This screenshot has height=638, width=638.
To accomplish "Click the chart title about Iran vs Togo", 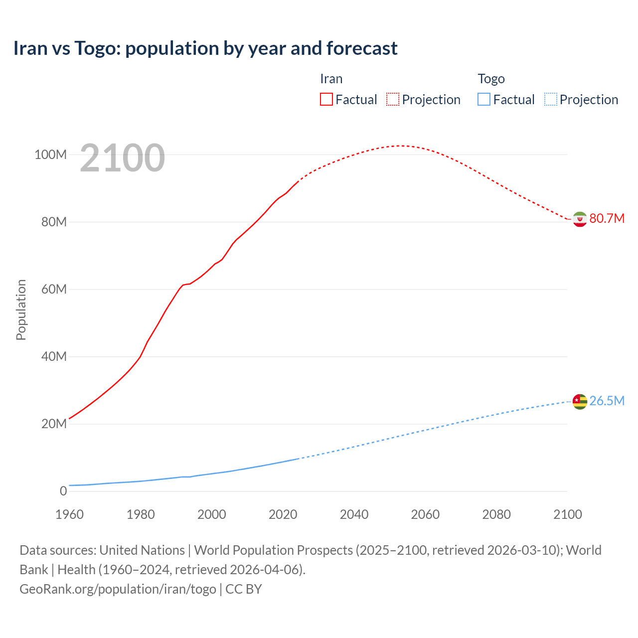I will pyautogui.click(x=205, y=48).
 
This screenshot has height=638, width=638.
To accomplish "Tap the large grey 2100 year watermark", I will pyautogui.click(x=122, y=158).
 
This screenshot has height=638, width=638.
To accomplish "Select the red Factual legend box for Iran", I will pyautogui.click(x=326, y=99).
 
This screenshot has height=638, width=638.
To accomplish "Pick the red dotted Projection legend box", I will pyautogui.click(x=393, y=99).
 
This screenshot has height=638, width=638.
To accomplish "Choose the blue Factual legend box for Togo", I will pyautogui.click(x=484, y=99).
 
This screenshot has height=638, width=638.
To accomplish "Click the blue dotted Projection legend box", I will pyautogui.click(x=550, y=99).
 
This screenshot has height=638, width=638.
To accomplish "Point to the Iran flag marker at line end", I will pyautogui.click(x=580, y=219).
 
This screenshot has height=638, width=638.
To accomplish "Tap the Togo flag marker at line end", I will pyautogui.click(x=580, y=401).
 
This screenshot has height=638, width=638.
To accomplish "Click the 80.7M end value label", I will pyautogui.click(x=607, y=219).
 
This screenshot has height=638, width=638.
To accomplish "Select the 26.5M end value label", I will pyautogui.click(x=607, y=401).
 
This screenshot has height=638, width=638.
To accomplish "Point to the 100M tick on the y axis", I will pyautogui.click(x=50, y=155).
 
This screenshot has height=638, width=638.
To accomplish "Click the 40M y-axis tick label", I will pyautogui.click(x=54, y=356).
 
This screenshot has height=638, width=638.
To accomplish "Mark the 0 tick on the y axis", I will pyautogui.click(x=63, y=491).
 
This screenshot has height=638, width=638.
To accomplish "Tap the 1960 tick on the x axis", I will pyautogui.click(x=69, y=514).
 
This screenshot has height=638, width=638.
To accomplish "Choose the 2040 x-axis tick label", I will pyautogui.click(x=354, y=514).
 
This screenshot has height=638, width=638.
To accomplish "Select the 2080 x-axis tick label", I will pyautogui.click(x=496, y=514).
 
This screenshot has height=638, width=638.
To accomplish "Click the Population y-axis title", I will pyautogui.click(x=21, y=310).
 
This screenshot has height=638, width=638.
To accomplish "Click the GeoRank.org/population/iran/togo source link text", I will pyautogui.click(x=118, y=589).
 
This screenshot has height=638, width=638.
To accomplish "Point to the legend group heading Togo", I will pyautogui.click(x=491, y=79).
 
